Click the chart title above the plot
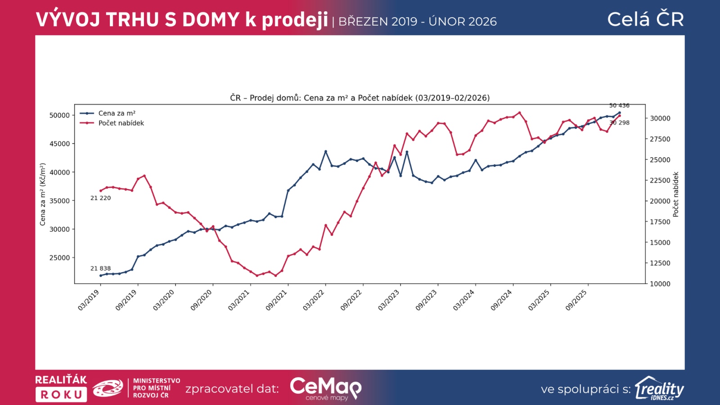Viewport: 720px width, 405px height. coord(360,98)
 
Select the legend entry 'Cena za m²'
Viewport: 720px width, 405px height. coord(117,113)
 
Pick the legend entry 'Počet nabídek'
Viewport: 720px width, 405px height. coord(121,123)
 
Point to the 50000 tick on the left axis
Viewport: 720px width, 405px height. coord(59,115)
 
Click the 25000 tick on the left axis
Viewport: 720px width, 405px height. coord(59,258)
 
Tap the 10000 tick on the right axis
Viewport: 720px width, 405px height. coord(660,284)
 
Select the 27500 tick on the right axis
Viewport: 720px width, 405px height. coord(660,139)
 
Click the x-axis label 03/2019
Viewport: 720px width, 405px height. coord(89,300)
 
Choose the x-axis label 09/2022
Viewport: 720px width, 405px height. coord(351,300)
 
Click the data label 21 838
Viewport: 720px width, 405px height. coord(100,269)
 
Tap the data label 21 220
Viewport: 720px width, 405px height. coord(100,198)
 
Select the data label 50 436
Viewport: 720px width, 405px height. coord(619,106)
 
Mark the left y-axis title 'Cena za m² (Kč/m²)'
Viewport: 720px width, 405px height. coord(43,194)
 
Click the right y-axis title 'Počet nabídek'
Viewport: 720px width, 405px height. coord(675,194)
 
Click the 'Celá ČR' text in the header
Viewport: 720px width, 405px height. coord(645,19)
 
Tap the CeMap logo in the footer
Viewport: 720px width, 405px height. coord(325,388)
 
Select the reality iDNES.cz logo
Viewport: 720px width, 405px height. coord(660,388)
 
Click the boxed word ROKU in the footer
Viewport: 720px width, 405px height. coord(61,395)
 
